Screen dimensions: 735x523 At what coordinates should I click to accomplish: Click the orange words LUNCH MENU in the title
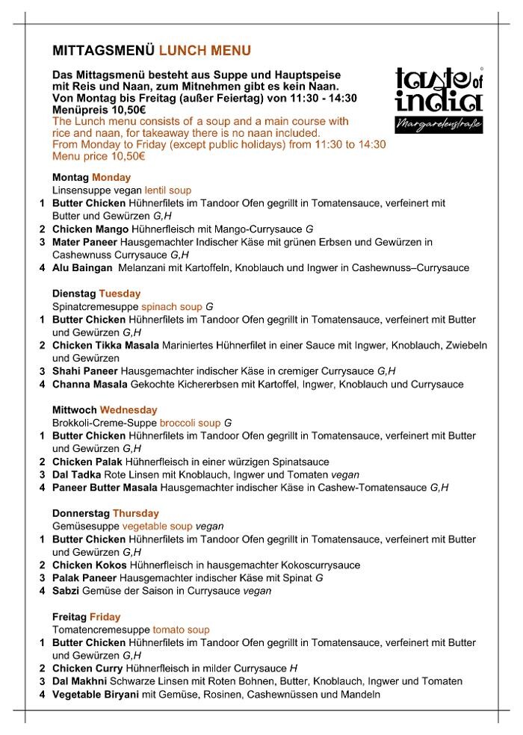coord(205,51)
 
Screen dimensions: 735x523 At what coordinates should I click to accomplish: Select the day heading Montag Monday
coord(91,178)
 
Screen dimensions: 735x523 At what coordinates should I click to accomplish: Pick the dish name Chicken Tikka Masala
coord(105,345)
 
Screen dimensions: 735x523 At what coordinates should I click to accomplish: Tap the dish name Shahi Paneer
coord(87,371)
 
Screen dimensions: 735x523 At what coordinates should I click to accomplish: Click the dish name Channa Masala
coord(93,385)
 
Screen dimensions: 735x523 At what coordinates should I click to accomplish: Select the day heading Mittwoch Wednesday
coord(105,410)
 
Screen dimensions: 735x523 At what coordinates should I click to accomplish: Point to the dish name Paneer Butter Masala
coord(105,488)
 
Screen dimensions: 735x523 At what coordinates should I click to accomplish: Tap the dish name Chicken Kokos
coord(90,565)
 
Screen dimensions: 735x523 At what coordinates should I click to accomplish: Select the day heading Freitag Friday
coord(86,617)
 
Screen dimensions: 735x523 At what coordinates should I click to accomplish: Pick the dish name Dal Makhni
coord(80,682)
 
